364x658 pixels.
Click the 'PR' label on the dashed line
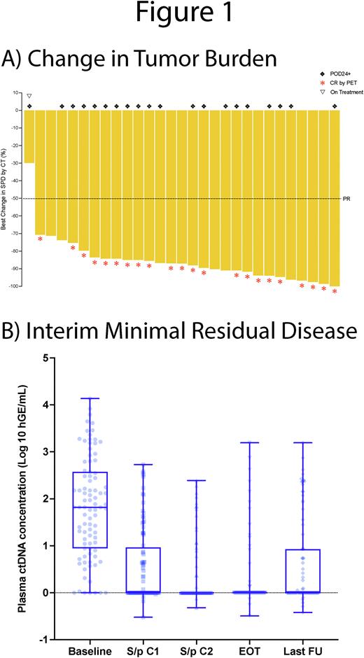(346, 199)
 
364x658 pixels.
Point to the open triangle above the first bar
(29, 96)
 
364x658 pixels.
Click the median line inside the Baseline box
(89, 507)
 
